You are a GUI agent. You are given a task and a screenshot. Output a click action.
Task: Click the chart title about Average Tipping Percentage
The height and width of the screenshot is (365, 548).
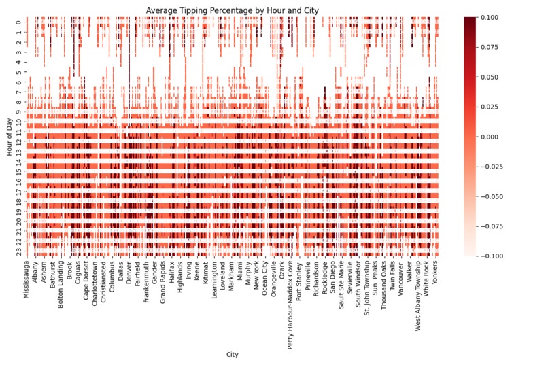coord(233,10)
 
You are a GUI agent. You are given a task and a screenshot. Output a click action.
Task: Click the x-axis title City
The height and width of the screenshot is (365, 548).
coord(233,354)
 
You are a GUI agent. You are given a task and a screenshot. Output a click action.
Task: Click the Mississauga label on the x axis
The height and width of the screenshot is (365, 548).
coord(27,280)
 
